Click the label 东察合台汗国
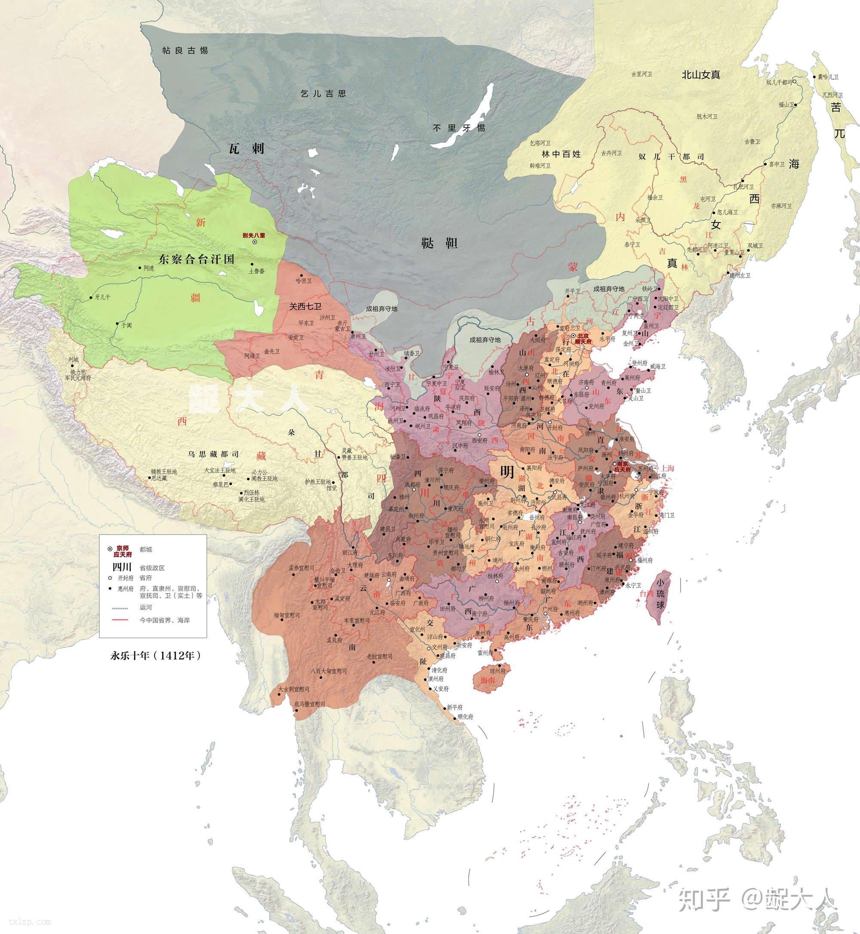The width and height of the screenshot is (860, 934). (197, 259)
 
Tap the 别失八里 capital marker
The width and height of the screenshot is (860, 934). (255, 243)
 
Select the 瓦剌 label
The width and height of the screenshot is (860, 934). (246, 148)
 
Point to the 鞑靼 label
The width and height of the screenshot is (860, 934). (439, 243)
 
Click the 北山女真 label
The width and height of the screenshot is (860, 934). (701, 74)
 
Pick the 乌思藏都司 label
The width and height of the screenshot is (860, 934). (214, 454)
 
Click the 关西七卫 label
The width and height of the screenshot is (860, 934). (305, 307)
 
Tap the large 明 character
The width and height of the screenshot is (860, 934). (507, 472)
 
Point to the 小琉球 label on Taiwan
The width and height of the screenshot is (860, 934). (660, 594)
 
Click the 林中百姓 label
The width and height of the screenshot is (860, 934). (561, 154)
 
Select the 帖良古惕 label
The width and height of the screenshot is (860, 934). (185, 50)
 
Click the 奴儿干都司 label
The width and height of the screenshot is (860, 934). (671, 157)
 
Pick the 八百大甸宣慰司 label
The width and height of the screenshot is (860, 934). (329, 671)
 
